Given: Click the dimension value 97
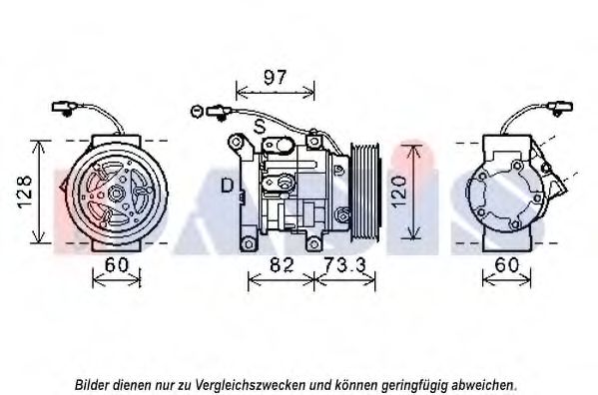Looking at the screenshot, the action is pos(275,78).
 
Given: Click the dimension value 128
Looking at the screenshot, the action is pos(25,192).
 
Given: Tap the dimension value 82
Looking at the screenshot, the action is pos(282,265).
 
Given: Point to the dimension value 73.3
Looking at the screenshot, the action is pos(344,265).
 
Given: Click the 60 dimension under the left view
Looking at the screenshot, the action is pos(117,265).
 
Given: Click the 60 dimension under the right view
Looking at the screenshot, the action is pos(507,265).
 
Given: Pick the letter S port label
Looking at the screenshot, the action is pos(260,126).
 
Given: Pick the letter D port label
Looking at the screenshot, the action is pos(228,186).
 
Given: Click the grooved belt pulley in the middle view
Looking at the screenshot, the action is pos(364,192).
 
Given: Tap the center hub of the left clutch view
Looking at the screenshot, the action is pos(115,194).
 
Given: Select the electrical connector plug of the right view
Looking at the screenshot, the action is pos(560,107).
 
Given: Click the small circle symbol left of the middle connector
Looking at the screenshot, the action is pos(197,112).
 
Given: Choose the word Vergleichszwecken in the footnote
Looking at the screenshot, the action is pos(250,385).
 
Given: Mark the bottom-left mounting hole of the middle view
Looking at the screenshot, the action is pos(249,243).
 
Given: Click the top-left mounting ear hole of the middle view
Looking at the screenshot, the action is pos(236,143).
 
